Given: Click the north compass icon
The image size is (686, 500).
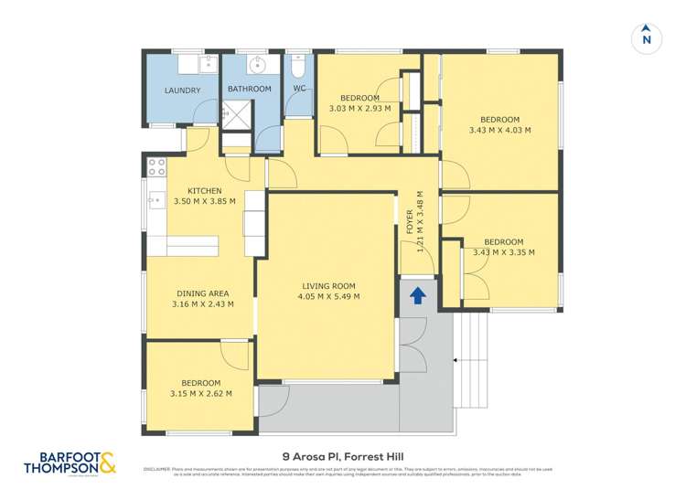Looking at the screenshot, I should [646, 37].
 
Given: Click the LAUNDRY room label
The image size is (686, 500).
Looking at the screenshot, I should [182, 90].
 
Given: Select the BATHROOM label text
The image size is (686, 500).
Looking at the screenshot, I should [250, 89].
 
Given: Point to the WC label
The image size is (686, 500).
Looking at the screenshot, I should [298, 89].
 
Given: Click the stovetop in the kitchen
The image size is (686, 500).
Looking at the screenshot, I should [156, 166].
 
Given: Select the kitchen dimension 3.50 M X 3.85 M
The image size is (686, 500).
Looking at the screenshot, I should [205, 201].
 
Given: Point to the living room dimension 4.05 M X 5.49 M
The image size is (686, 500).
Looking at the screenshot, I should [330, 296].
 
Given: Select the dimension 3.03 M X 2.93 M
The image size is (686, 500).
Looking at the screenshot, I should [359, 108].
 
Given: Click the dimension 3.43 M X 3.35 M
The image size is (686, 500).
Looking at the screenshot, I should [503, 252].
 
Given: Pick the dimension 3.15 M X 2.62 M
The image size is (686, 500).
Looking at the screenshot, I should [200, 394].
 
